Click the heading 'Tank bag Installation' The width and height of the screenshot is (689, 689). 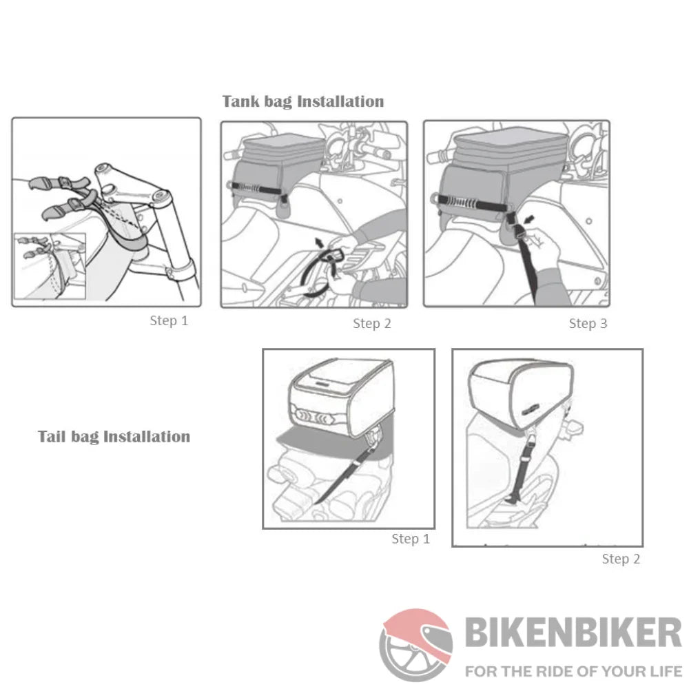302,101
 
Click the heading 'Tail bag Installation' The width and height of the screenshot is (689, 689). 114,437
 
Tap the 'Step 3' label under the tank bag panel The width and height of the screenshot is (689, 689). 588,323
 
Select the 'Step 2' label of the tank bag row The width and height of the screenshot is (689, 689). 372,323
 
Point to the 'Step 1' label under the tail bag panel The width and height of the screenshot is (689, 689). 411,539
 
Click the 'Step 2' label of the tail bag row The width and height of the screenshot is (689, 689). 621,559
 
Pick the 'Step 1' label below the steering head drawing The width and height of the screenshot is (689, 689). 169,321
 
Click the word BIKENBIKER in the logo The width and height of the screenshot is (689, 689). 573,633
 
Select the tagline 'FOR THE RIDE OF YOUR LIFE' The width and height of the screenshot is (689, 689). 573,671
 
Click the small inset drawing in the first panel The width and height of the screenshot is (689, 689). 50,266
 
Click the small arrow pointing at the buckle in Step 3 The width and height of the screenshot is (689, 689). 531,219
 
